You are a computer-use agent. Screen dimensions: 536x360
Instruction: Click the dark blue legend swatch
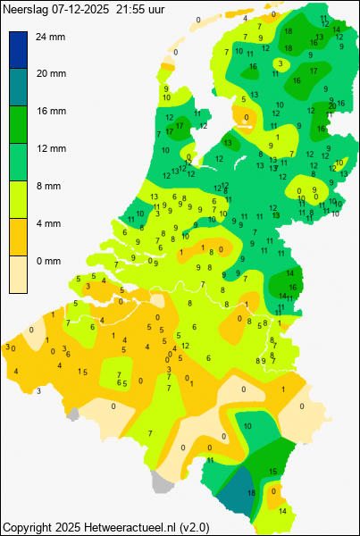pos(19,50)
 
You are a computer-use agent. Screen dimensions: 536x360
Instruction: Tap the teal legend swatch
pos(19,88)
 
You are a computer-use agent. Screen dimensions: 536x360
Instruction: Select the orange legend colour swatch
pos(19,238)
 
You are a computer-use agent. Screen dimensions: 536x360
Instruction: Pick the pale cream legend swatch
pos(19,275)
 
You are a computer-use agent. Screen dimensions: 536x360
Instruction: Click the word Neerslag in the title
pos(25,8)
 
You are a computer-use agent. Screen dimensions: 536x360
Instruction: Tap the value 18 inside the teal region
pos(251,493)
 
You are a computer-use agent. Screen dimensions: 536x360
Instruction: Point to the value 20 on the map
pos(331,105)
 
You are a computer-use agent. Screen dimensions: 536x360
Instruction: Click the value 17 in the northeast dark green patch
pos(314,70)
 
